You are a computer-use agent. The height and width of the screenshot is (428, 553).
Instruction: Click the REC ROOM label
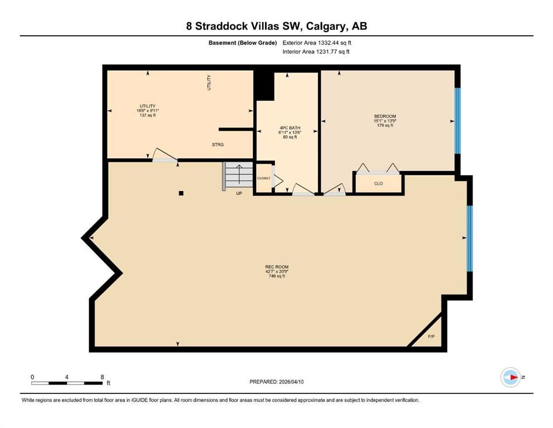[x=276, y=267]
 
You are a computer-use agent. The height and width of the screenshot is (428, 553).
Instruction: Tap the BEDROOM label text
[x=385, y=116]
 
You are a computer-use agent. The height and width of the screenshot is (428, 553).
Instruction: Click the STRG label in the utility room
[x=218, y=145]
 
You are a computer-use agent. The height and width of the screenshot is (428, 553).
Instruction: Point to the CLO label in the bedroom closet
[x=378, y=183]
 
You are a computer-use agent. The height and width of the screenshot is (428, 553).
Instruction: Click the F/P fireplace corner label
[x=431, y=337]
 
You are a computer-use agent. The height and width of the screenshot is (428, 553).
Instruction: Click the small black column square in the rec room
[x=181, y=193]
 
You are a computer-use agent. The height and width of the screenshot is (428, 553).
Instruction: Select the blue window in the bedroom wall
[x=458, y=120]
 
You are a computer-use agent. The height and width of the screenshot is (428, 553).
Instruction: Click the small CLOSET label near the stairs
[x=263, y=178]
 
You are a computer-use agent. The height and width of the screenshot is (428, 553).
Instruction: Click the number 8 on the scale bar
[x=102, y=377]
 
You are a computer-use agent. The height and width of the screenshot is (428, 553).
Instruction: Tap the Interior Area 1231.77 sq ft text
[x=316, y=52]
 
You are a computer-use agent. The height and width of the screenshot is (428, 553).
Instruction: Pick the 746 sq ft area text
[x=276, y=276]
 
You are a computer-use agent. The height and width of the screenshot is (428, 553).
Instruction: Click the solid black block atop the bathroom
[x=264, y=85]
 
